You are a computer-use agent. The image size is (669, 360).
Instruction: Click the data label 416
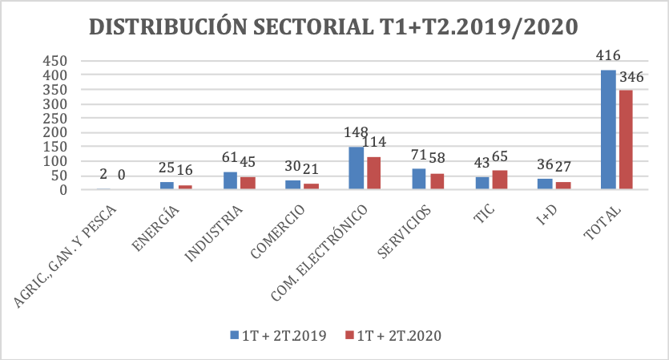608,55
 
